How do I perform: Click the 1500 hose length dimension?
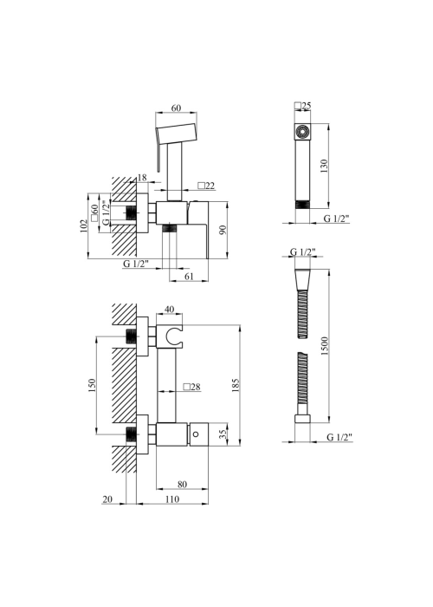[x=324, y=346]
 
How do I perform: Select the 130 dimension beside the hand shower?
[x=324, y=166]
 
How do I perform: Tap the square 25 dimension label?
[x=303, y=106]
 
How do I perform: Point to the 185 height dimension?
[x=236, y=385]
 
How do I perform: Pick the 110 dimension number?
[x=172, y=499]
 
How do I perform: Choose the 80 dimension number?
[x=182, y=484]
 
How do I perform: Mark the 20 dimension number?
[x=107, y=499]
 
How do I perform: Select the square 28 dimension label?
[x=192, y=387]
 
